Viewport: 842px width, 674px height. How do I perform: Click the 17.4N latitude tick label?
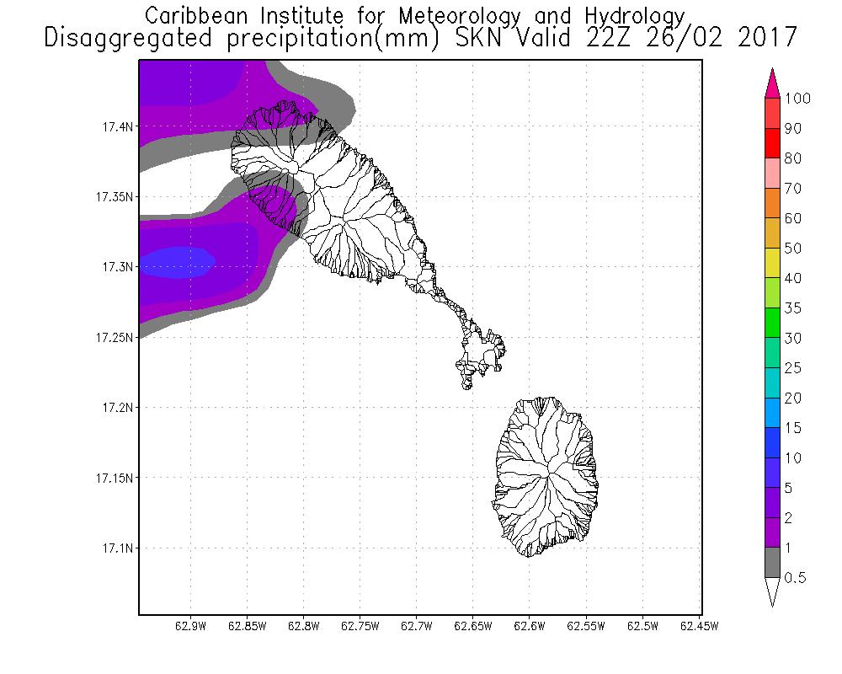click(117, 127)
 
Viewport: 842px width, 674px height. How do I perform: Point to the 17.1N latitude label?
click(117, 548)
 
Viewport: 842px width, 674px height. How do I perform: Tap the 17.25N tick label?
click(114, 338)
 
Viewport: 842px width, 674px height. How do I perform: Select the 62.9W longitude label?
click(190, 626)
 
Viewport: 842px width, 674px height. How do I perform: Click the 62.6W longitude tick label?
click(529, 626)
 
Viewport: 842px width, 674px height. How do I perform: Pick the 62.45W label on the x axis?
click(699, 626)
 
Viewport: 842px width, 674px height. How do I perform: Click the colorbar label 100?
click(797, 99)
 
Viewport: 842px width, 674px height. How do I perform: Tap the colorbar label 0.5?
click(796, 578)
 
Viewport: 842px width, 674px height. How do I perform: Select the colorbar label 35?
click(793, 308)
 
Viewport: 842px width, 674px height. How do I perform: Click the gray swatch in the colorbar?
click(772, 562)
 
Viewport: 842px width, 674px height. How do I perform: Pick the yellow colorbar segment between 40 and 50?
click(772, 263)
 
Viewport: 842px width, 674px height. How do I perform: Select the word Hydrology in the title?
click(635, 17)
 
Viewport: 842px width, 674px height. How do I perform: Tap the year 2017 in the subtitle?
click(767, 38)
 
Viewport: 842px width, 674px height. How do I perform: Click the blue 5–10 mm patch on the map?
click(177, 263)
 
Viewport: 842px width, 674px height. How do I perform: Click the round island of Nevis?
click(546, 477)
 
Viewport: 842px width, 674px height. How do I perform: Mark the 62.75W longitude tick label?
click(360, 626)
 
